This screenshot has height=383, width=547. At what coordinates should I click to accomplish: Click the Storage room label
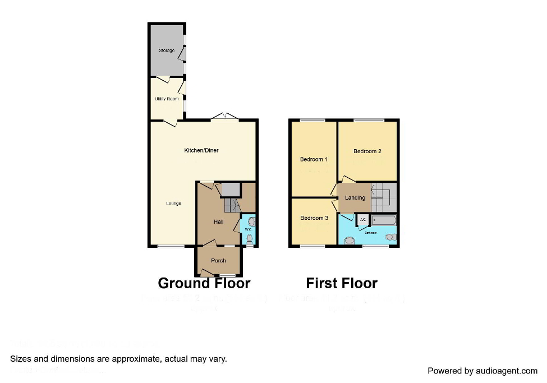point(166,50)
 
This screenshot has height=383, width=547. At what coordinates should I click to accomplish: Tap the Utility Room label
point(167,99)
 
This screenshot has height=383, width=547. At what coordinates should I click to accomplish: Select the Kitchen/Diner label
point(201,150)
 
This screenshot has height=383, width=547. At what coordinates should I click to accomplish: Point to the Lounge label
point(173,203)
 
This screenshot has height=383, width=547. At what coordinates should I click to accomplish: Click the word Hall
point(218,222)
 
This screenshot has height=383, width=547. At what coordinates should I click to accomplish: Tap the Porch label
point(218,260)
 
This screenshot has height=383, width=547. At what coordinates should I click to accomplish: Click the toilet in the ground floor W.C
point(250,239)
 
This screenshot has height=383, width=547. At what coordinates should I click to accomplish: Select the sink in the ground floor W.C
point(251,222)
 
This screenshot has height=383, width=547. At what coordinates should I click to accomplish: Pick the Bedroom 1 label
point(314,159)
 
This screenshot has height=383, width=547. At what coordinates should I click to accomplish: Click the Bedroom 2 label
point(367,151)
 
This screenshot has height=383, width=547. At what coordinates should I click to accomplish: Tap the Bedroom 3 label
point(314,218)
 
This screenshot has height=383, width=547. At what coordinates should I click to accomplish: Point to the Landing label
point(355,197)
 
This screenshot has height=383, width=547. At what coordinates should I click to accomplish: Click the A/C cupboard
point(362,220)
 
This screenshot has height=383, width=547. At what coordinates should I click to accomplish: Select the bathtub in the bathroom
point(384,220)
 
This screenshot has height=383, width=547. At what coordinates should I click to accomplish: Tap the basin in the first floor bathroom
point(350,241)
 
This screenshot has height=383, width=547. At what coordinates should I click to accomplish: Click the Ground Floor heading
point(204,283)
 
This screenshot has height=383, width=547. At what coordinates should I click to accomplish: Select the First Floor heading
point(341,283)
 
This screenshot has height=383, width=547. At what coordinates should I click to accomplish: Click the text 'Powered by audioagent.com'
point(482,371)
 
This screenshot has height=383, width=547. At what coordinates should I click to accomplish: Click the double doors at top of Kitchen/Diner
point(225,117)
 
